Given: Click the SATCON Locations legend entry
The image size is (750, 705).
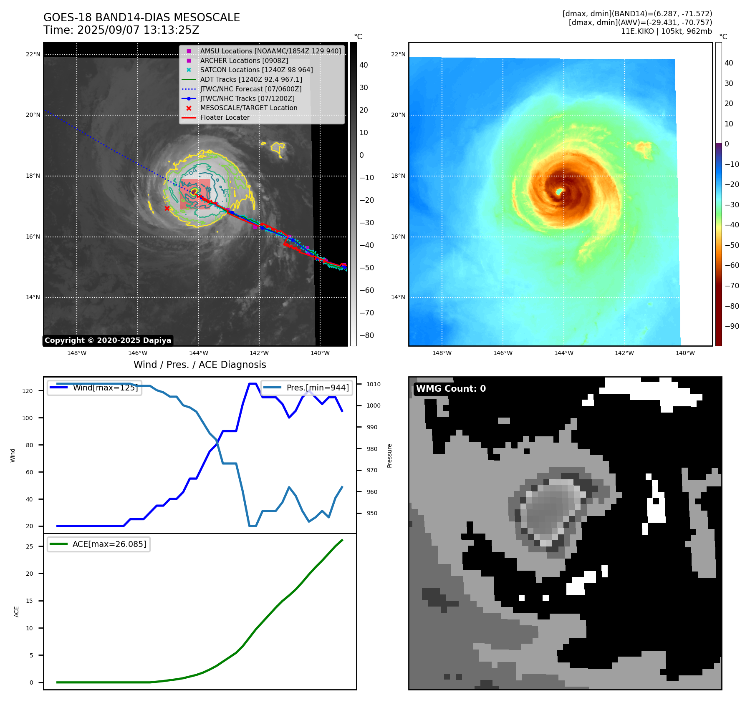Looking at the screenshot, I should tap(256, 70).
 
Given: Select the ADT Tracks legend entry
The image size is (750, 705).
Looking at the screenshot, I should tap(251, 80).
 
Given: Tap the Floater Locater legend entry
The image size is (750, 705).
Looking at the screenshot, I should tap(225, 118).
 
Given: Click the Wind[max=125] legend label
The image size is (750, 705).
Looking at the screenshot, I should tap(105, 388).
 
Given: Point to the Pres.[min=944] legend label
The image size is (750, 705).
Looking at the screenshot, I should tap(317, 388).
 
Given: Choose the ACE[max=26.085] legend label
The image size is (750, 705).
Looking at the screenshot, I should tap(109, 544).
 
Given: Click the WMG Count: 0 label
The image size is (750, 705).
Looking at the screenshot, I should tap(451, 389).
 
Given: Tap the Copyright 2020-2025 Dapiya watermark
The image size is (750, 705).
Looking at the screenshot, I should tap(108, 340).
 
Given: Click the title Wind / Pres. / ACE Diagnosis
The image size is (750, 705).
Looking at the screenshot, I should tap(199, 365).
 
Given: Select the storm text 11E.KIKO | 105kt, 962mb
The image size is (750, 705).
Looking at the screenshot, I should tap(666, 31).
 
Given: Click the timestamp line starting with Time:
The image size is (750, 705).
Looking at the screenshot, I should tap(121, 30).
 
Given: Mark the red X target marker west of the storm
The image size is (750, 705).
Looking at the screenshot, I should tap(167, 208).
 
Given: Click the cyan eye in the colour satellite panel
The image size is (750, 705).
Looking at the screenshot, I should tap(559, 191).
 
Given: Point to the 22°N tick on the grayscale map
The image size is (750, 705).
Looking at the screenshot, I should tap(33, 54).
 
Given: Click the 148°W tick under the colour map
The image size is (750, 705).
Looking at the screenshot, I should tap(442, 353).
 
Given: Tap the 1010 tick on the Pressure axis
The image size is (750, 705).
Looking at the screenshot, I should tap(374, 384).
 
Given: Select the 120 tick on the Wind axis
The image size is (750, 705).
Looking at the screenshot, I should tap(28, 391).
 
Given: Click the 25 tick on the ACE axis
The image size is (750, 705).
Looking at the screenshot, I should tap(29, 546).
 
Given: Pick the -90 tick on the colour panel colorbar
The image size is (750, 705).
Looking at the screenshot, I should tap(732, 326).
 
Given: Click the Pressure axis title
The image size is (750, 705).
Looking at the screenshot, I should tap(390, 455).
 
